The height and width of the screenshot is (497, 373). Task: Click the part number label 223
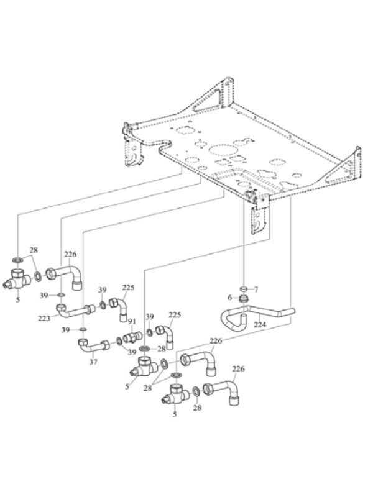44,318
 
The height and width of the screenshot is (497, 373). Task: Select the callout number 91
132,322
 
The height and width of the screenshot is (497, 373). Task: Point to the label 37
93,362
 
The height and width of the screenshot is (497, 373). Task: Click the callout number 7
256,290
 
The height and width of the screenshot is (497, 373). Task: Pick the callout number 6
230,298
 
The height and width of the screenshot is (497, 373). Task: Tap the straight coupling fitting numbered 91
132,337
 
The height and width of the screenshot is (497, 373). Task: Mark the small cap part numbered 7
243,289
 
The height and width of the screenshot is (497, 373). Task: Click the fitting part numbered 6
243,299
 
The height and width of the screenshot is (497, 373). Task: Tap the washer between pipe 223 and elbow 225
103,305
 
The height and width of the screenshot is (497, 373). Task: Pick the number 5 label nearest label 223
18,299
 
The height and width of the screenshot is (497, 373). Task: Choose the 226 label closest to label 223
70,254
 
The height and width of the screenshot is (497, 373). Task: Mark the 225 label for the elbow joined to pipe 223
128,288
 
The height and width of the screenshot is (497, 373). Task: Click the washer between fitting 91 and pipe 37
119,341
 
